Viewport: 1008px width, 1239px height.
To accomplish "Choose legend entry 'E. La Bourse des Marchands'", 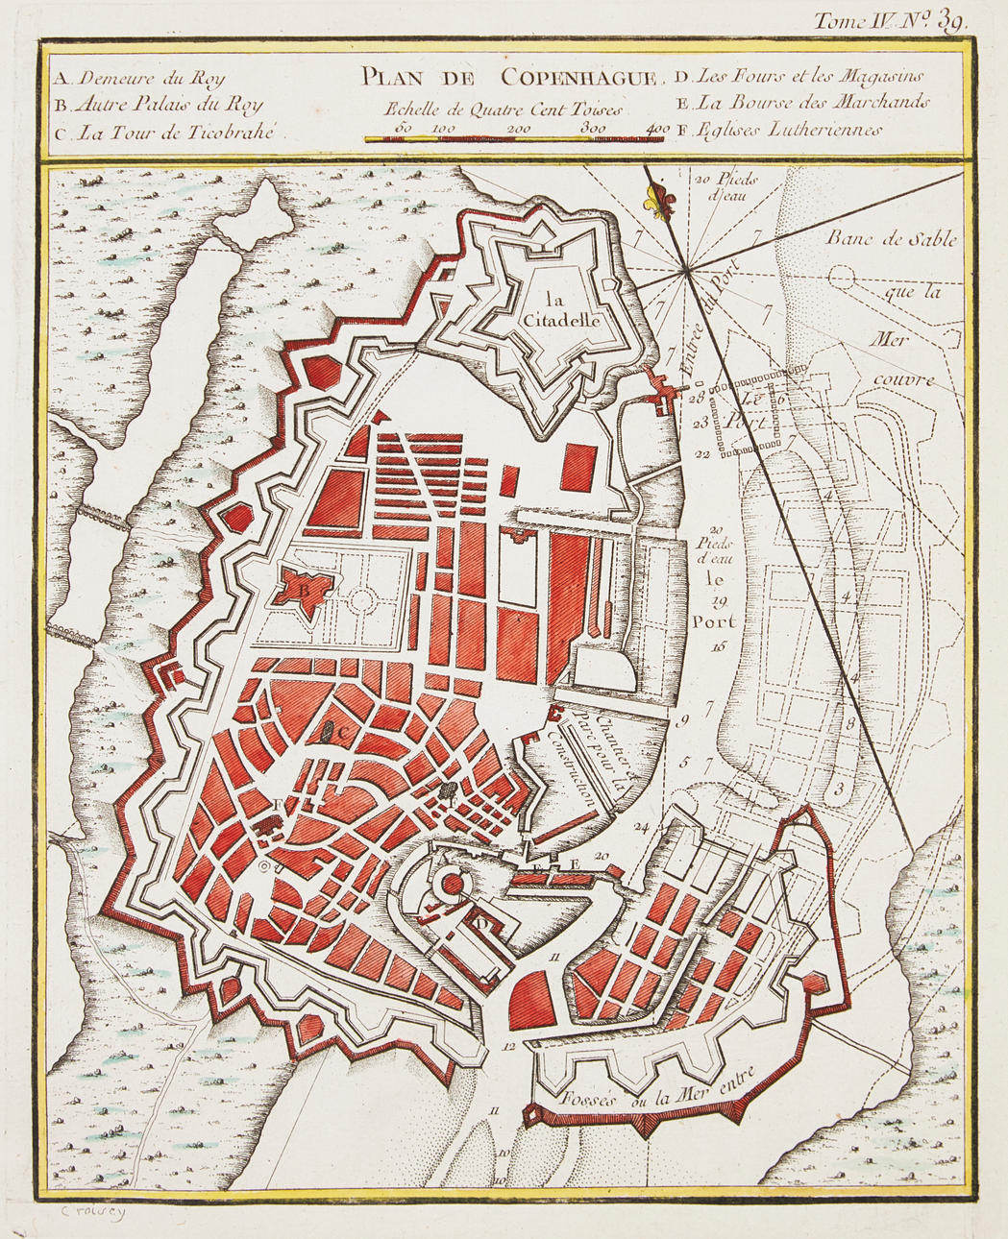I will click(801, 103).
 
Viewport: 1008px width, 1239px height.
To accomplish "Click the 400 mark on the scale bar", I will click(658, 129).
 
